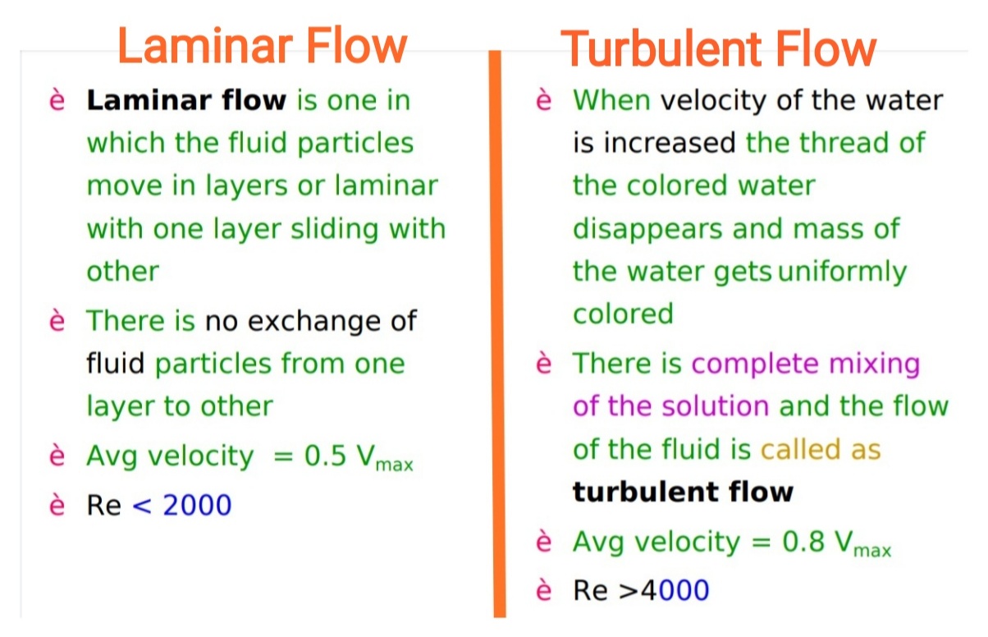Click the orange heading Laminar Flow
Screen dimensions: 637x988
point(263,46)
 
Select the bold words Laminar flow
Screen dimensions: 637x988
point(186,101)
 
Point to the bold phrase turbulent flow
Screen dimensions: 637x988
point(683,492)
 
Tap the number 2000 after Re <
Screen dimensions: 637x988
point(197,505)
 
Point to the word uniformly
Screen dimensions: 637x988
point(842,271)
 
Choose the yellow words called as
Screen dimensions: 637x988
point(820,449)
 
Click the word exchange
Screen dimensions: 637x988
point(314,320)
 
